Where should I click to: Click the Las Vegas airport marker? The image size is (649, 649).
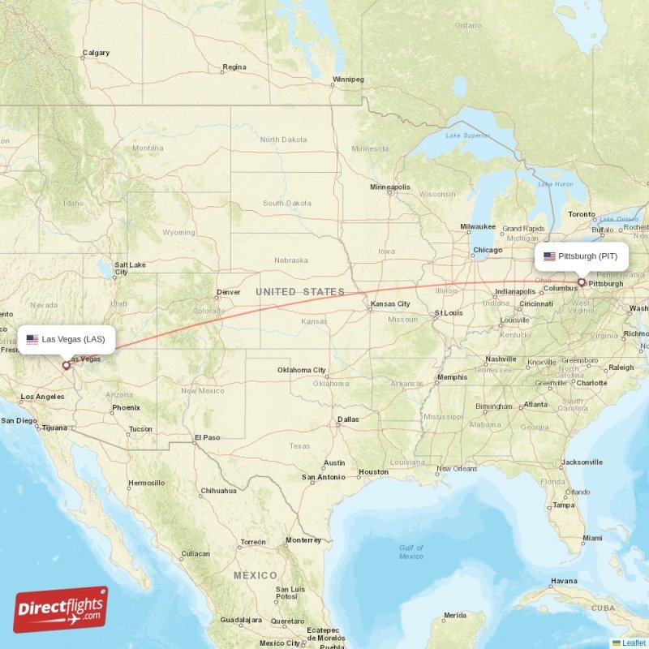(66, 365)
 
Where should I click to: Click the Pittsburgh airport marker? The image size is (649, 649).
(581, 282)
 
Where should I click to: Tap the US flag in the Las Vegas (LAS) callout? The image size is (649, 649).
(32, 339)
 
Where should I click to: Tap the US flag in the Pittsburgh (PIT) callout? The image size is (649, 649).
(549, 256)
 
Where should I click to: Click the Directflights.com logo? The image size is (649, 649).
(60, 609)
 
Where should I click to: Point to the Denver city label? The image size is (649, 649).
(228, 293)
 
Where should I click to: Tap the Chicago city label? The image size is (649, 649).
(488, 250)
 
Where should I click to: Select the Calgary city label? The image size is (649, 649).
(96, 54)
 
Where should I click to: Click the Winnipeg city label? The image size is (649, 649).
(348, 80)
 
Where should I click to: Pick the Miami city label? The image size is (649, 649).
(592, 538)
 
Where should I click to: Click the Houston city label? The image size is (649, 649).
(374, 472)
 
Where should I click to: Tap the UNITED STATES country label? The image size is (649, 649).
(299, 292)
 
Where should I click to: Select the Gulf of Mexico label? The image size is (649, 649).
(410, 552)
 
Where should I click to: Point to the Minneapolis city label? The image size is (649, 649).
(390, 187)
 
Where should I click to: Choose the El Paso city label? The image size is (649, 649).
(207, 438)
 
